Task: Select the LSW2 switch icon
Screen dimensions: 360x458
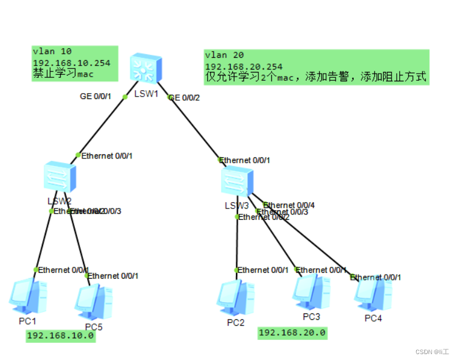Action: tap(60, 177)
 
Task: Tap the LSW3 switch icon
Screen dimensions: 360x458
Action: tap(237, 181)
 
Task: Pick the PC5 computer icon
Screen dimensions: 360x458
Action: tap(94, 302)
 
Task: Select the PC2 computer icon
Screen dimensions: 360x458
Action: tap(235, 298)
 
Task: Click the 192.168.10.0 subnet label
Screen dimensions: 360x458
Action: tap(60, 336)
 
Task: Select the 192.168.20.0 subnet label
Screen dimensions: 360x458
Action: tap(292, 333)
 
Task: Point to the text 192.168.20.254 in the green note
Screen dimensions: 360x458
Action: tap(244, 67)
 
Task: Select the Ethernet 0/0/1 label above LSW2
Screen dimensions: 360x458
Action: tap(107, 156)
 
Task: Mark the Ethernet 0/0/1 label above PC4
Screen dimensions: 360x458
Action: tap(377, 277)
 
